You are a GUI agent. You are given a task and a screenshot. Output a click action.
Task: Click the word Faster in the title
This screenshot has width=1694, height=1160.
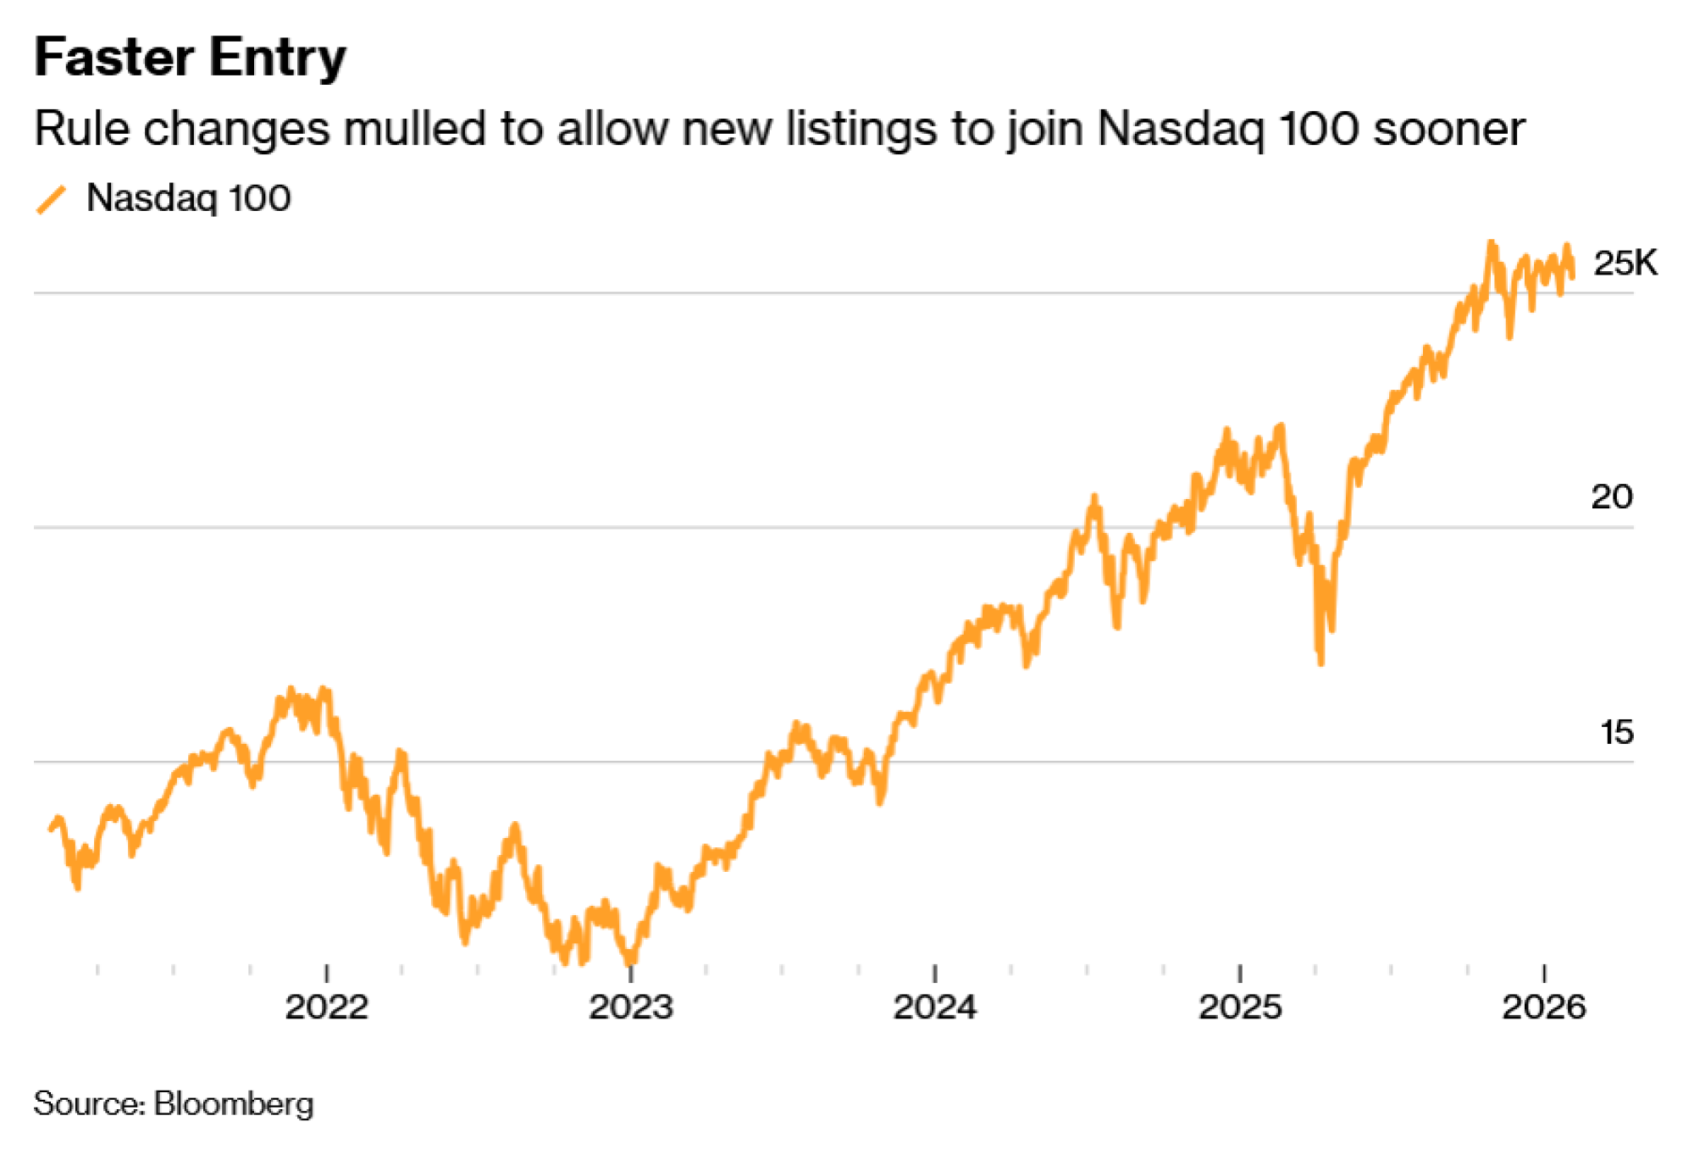(115, 58)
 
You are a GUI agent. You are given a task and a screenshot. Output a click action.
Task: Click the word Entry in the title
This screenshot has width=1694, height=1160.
(278, 58)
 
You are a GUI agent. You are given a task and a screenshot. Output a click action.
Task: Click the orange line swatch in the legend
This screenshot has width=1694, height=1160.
(51, 200)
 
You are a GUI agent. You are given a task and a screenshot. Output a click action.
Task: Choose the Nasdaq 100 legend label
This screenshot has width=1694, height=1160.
(188, 198)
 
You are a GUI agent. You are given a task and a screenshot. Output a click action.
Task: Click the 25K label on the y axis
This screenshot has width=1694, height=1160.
(1624, 264)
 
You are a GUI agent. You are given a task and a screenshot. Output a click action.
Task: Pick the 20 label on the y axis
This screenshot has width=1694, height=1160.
(1611, 497)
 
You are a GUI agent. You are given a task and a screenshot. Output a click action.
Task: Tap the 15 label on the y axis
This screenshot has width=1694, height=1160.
(1616, 733)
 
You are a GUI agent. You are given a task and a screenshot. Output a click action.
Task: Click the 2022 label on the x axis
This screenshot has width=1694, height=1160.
(326, 1007)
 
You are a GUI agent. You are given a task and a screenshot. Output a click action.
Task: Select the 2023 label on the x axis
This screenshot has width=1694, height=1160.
(631, 1007)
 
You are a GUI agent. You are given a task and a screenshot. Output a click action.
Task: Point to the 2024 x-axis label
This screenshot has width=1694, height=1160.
(935, 1007)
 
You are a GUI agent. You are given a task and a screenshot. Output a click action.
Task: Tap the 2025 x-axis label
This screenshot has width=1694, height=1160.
(1240, 1007)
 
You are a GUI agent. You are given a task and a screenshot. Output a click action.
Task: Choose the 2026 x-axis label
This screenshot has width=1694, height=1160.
(1543, 1007)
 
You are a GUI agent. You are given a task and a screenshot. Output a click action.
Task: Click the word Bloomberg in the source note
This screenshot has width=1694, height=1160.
(234, 1104)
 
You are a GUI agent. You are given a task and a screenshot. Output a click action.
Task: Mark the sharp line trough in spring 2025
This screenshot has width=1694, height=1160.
(1320, 661)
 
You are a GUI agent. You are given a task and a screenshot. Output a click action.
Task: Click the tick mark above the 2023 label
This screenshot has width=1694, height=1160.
(631, 973)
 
